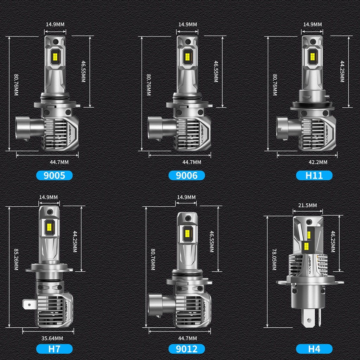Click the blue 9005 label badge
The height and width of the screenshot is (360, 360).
click(54, 175)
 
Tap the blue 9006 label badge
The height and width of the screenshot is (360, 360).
click(187, 175)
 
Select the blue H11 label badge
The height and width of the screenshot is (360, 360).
click(314, 175)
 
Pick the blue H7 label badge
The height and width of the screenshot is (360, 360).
click(54, 349)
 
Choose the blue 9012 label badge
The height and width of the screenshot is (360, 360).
click(187, 349)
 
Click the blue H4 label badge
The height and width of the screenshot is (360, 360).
click(314, 349)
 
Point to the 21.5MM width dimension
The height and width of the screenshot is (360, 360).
click(307, 205)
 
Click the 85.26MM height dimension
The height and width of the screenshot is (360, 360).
click(16, 259)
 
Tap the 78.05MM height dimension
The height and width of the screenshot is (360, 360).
click(274, 259)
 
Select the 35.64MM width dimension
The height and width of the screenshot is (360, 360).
click(52, 338)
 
